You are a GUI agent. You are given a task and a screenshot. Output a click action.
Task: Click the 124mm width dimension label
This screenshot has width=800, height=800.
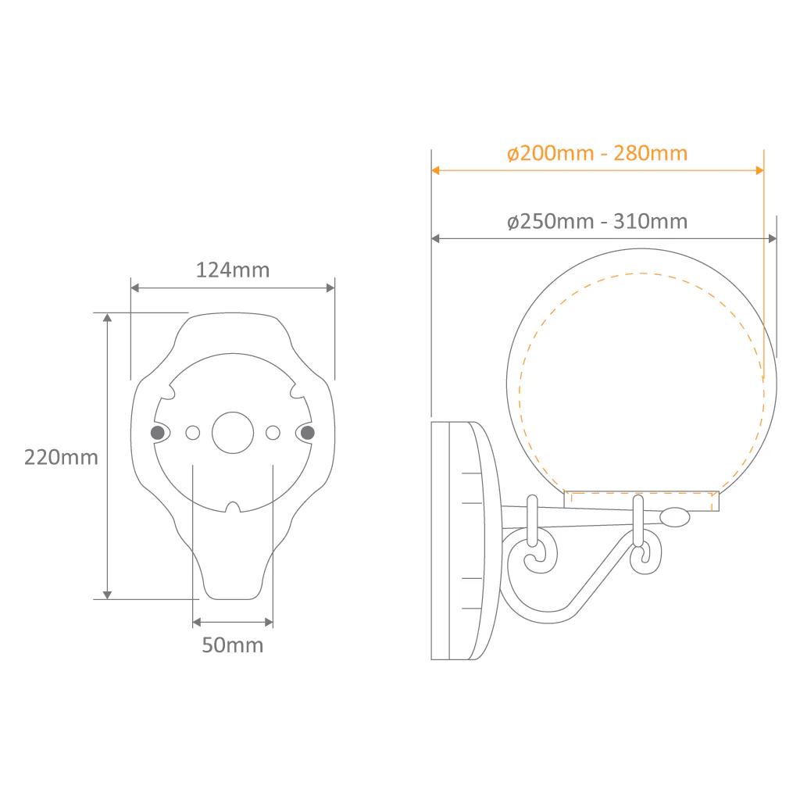tap(233, 270)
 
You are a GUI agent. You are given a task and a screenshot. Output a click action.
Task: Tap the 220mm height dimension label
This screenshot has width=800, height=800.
tap(61, 457)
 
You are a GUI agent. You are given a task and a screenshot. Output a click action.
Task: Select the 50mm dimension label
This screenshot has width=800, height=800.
tap(233, 645)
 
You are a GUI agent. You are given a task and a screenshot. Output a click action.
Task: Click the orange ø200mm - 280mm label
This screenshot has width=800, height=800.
tap(598, 153)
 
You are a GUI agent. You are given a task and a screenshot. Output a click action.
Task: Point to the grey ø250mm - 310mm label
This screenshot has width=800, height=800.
tap(598, 221)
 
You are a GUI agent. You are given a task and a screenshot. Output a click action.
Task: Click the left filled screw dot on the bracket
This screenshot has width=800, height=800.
tap(158, 433)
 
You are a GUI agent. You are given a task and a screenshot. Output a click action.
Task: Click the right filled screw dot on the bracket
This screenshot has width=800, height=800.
tap(308, 433)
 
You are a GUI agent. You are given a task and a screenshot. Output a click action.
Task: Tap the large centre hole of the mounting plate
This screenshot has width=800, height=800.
tap(233, 433)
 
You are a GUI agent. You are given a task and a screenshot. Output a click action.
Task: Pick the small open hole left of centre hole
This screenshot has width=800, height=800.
tap(193, 433)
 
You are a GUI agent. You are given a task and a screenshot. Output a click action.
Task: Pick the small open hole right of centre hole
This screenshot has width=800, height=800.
tap(273, 433)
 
